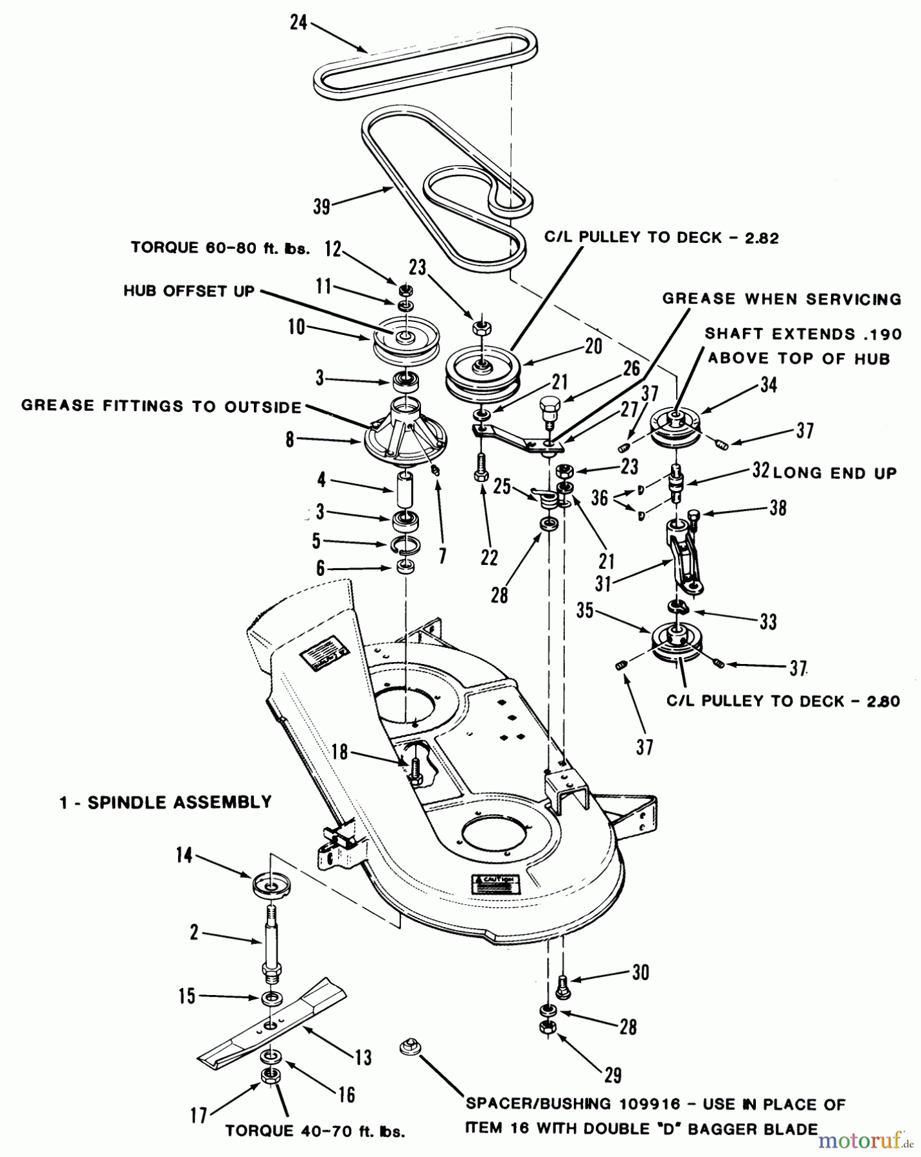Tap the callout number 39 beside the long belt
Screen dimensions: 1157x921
[321, 206]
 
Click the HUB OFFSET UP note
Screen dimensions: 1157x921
[189, 291]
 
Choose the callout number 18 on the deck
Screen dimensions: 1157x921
[339, 752]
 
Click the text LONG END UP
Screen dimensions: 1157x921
[835, 473]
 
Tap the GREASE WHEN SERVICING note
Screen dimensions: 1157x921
[782, 299]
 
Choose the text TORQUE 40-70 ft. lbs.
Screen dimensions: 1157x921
[315, 1131]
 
